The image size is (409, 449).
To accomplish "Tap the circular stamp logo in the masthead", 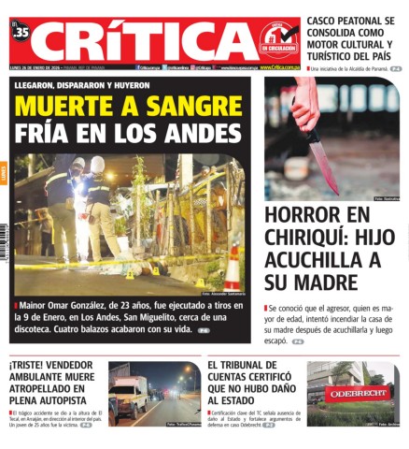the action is [278, 37].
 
